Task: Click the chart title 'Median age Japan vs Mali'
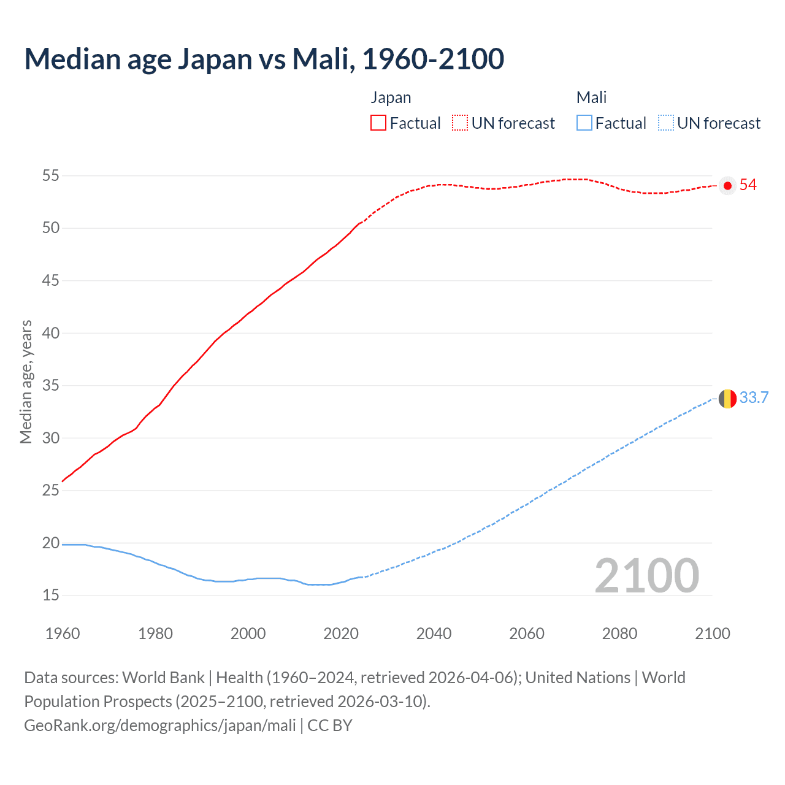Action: (x=264, y=59)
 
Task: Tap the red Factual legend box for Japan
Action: (x=378, y=123)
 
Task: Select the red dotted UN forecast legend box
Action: (x=460, y=123)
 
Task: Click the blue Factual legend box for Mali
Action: (x=584, y=123)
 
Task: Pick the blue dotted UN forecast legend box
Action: (x=666, y=123)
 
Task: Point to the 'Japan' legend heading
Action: (x=391, y=98)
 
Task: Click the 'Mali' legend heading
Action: (x=591, y=98)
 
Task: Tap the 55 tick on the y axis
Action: (x=51, y=176)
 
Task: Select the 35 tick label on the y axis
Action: (x=51, y=386)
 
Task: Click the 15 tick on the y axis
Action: (x=51, y=595)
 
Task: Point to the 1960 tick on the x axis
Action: (x=63, y=634)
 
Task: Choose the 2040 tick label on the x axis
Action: (x=434, y=634)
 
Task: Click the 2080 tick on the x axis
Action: (x=619, y=634)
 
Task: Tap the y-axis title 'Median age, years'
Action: (x=26, y=381)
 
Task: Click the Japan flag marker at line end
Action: (x=727, y=186)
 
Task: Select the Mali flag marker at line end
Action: (x=727, y=399)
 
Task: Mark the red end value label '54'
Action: (x=748, y=185)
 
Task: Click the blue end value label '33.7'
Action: (x=754, y=398)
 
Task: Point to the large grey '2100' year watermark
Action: (x=646, y=576)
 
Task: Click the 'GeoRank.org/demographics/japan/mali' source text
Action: (x=160, y=726)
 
